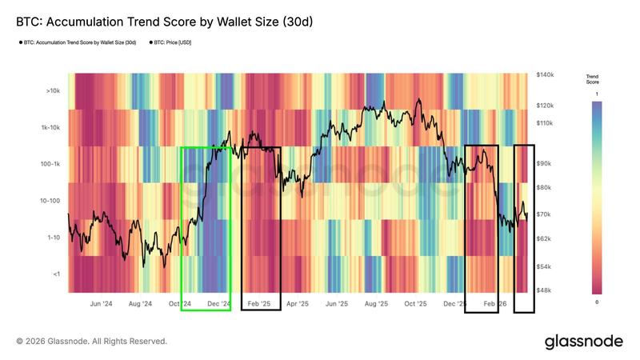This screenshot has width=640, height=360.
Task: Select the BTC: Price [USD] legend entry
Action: (x=171, y=42)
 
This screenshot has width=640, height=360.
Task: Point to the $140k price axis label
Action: (x=545, y=74)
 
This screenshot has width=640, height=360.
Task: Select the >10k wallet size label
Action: (x=53, y=91)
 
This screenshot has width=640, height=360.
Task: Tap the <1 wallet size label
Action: (x=55, y=274)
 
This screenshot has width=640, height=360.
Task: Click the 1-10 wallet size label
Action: (x=53, y=238)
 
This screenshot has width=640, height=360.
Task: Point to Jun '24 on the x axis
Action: (x=101, y=305)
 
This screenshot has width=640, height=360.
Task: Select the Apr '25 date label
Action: (x=298, y=305)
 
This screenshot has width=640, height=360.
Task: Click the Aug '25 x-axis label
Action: (x=376, y=305)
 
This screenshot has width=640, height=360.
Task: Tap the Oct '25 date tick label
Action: (x=415, y=305)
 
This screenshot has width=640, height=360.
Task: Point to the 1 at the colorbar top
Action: (x=597, y=94)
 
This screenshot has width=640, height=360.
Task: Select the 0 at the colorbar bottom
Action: (x=597, y=302)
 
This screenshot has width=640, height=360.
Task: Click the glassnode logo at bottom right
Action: (x=583, y=342)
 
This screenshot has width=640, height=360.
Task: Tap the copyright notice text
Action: (x=92, y=342)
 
